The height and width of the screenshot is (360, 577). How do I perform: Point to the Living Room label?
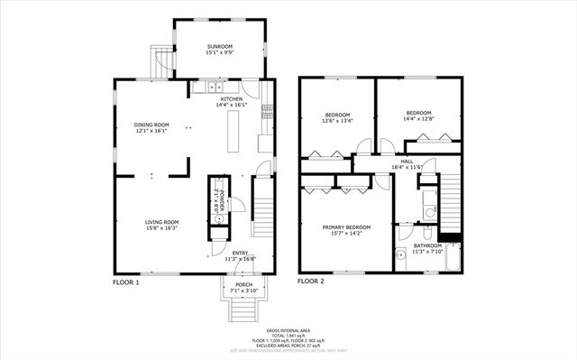coord(162,222)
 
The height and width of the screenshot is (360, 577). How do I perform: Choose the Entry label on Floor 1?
coord(241,253)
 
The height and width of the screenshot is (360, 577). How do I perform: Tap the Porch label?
coord(243,285)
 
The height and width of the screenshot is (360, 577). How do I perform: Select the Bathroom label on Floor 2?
coord(427,245)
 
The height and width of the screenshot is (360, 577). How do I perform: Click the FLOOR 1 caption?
coord(126,282)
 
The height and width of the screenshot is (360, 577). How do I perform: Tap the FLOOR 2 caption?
coord(311,282)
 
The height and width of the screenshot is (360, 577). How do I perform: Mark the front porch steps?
coord(243,310)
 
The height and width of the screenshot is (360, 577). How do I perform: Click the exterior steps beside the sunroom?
coord(160,62)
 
